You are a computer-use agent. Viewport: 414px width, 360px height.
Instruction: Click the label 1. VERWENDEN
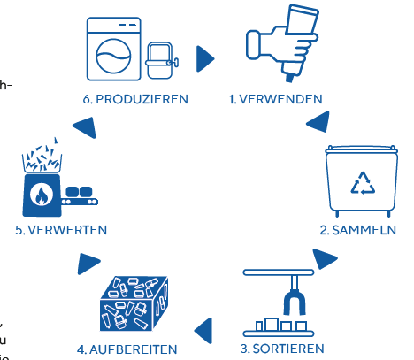click(276, 99)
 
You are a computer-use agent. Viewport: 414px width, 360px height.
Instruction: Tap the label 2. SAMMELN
click(357, 230)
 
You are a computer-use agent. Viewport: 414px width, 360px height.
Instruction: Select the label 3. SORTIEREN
click(284, 348)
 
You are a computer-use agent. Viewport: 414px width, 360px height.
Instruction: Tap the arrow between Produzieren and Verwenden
click(205, 58)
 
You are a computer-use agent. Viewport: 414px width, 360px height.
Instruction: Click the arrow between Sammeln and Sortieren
click(325, 259)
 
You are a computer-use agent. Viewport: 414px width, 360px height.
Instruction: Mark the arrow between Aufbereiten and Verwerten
click(88, 262)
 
